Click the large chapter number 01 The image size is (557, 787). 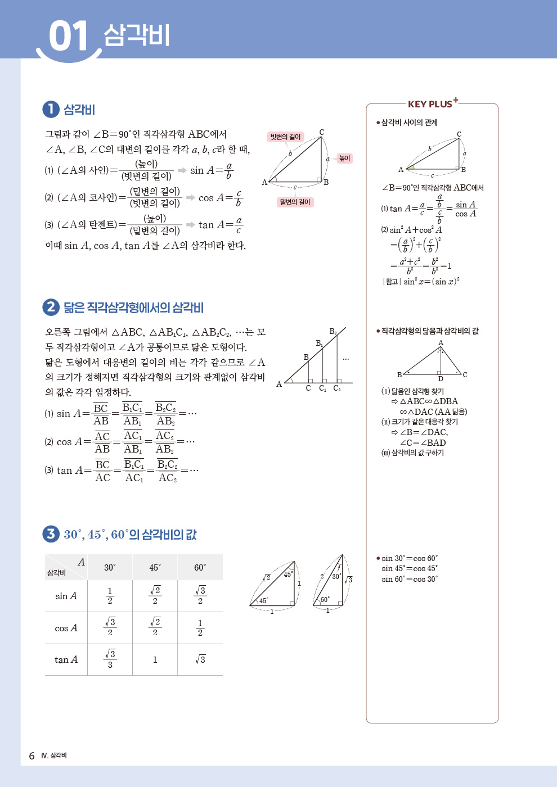click(x=69, y=37)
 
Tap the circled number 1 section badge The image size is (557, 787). click(x=51, y=109)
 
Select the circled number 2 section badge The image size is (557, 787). click(x=51, y=307)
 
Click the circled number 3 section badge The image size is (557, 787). click(x=51, y=533)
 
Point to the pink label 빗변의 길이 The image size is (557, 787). click(x=285, y=137)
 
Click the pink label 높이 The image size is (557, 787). click(x=344, y=159)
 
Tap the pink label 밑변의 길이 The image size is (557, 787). click(x=295, y=202)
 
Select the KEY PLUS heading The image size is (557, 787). click(x=430, y=104)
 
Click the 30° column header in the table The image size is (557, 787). click(x=110, y=567)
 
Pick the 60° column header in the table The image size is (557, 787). click(x=200, y=567)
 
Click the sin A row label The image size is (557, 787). click(x=66, y=596)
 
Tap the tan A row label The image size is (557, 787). click(x=66, y=659)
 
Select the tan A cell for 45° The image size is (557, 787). click(x=155, y=659)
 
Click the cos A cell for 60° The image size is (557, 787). click(x=200, y=627)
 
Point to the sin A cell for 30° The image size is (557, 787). click(x=110, y=596)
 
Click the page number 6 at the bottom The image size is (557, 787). click(x=32, y=756)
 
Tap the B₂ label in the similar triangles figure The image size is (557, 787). click(x=333, y=332)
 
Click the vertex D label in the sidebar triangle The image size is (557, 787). click(x=441, y=379)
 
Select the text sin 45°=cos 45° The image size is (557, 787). click(x=409, y=568)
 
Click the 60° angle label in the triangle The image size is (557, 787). click(x=325, y=599)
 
